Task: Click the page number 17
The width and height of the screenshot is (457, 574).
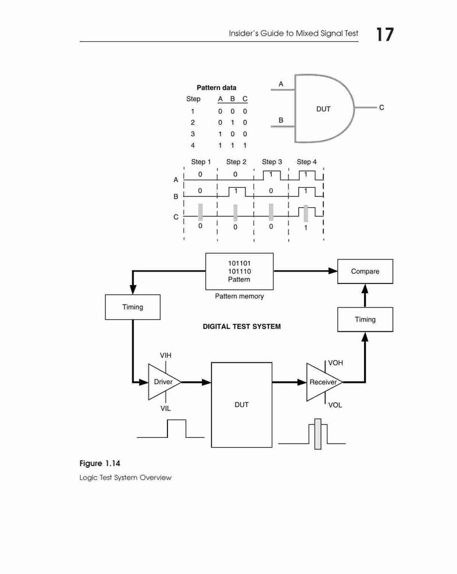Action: [x=385, y=34]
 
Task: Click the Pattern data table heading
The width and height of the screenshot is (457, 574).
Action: [x=216, y=87]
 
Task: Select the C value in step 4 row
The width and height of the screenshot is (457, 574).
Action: [x=245, y=145]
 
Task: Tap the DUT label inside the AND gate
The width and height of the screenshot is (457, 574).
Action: [x=323, y=108]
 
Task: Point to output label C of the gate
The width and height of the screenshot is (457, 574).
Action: [x=381, y=107]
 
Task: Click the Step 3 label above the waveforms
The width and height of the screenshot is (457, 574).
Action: [x=272, y=162]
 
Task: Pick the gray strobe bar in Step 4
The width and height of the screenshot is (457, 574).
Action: [x=306, y=214]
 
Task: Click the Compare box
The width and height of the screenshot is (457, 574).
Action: [x=365, y=272]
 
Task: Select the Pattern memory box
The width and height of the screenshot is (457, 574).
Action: [x=239, y=272]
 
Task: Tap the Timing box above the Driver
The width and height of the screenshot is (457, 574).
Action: [x=132, y=307]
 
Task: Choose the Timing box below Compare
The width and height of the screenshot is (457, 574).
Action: [x=365, y=319]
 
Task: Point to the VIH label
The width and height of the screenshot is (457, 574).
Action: [x=166, y=355]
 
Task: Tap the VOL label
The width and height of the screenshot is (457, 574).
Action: [x=335, y=405]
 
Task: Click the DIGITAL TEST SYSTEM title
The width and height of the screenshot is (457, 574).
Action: [x=241, y=327]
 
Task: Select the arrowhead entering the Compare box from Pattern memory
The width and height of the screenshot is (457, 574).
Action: [x=333, y=271]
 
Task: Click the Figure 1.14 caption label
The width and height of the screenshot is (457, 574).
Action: [x=100, y=463]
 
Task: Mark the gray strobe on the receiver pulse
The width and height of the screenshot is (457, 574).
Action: [x=318, y=434]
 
